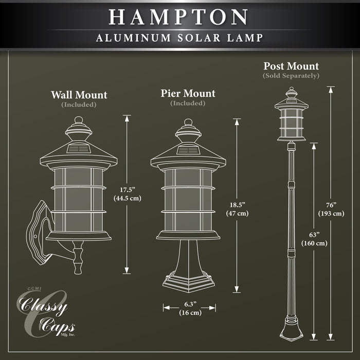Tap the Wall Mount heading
pos(79,95)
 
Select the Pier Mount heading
pos(188,94)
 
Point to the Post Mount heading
pos(291,66)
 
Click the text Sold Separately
pos(291,76)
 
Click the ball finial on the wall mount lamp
pos(79,120)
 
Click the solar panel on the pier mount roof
pos(188,151)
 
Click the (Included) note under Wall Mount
pos(79,104)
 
